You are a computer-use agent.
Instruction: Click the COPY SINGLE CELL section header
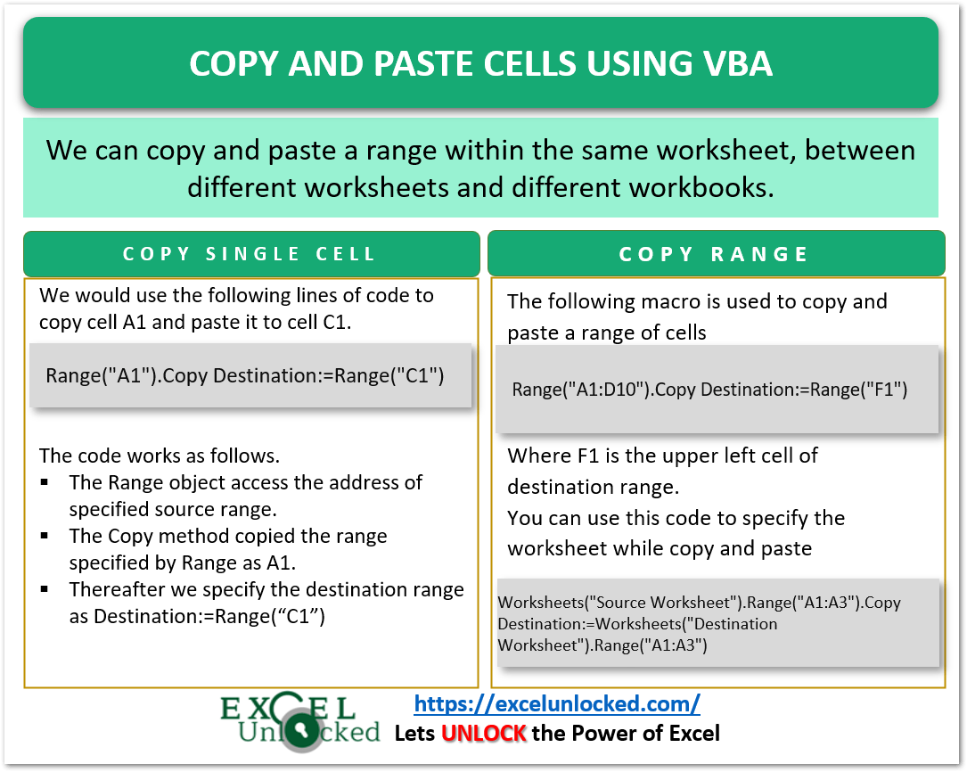click(x=250, y=254)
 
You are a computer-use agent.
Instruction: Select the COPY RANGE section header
click(x=714, y=254)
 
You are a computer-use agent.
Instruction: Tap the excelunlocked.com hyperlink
click(x=557, y=704)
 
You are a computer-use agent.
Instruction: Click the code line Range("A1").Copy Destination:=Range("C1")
click(x=245, y=374)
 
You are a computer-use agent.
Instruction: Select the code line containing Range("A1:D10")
click(x=709, y=390)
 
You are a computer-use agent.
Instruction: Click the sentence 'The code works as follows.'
click(x=159, y=456)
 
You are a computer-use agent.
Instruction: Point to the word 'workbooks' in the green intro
click(x=708, y=188)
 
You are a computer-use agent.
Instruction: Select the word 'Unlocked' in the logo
click(x=308, y=733)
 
